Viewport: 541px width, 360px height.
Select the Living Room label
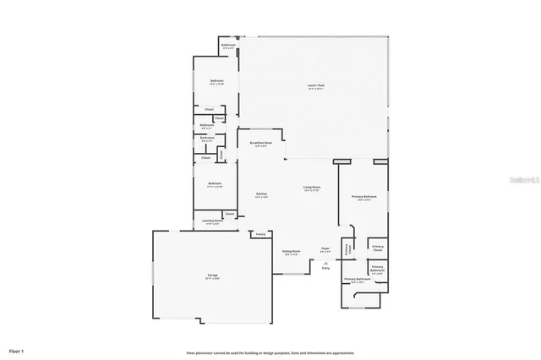(x=312, y=188)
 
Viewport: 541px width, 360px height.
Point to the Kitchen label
(x=262, y=195)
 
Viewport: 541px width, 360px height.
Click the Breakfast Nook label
(x=261, y=145)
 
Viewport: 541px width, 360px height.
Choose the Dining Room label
(x=289, y=252)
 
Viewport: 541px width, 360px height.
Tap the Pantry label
(x=261, y=233)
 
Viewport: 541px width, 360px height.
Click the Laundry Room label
(x=213, y=221)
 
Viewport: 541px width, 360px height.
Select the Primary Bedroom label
(x=364, y=198)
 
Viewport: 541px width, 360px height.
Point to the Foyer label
(x=325, y=249)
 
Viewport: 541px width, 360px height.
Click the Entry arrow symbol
(x=325, y=264)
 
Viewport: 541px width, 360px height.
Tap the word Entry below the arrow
(x=325, y=270)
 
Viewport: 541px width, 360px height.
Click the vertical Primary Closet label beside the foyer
(x=347, y=249)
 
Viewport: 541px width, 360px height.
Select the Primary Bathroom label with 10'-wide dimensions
(x=358, y=280)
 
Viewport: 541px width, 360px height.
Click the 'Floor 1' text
(x=17, y=349)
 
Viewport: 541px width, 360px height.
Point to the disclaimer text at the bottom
(x=270, y=352)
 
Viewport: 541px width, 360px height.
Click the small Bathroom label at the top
(x=228, y=46)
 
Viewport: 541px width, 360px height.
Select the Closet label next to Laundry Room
(x=229, y=214)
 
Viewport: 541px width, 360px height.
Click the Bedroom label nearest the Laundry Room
(x=215, y=184)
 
